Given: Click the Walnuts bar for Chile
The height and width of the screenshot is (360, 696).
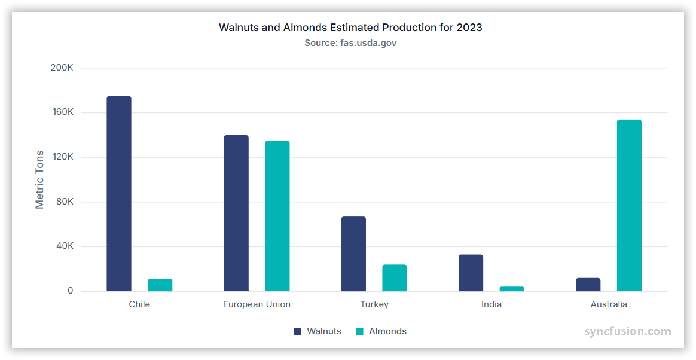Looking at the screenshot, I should (x=119, y=194).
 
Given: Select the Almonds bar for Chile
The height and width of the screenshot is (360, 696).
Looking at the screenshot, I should (x=160, y=285).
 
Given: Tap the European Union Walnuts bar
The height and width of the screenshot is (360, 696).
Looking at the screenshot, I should (x=236, y=213).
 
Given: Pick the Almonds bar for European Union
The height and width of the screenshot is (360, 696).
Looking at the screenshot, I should (x=277, y=216).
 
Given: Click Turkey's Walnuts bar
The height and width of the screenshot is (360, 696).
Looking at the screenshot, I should (x=353, y=254).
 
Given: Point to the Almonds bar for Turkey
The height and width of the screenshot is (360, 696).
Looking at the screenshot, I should (x=395, y=278).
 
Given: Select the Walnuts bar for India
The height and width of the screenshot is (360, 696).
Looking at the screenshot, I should (x=471, y=273).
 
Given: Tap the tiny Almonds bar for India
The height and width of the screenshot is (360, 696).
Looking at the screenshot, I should (x=512, y=289).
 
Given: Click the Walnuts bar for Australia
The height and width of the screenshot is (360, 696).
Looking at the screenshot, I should (x=588, y=285).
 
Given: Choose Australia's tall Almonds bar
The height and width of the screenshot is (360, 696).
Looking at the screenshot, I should (x=629, y=206).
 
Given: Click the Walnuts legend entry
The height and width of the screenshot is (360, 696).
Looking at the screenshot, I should (x=318, y=331).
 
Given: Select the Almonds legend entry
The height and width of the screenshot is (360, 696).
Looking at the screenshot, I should (x=381, y=331).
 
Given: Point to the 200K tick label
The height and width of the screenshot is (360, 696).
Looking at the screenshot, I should (x=62, y=68).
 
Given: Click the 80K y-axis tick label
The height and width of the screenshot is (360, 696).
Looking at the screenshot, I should (x=63, y=202).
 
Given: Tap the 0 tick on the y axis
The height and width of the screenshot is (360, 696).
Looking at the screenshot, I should (x=70, y=291).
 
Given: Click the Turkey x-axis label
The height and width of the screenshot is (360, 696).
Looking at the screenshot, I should (x=374, y=304).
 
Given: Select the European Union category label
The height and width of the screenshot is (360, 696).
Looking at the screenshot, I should (x=257, y=304).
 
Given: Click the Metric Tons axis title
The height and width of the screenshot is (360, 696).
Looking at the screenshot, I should (x=40, y=179).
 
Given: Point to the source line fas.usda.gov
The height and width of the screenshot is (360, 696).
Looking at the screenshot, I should (x=350, y=43).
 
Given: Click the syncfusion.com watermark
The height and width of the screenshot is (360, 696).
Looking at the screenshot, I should (x=627, y=331).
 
